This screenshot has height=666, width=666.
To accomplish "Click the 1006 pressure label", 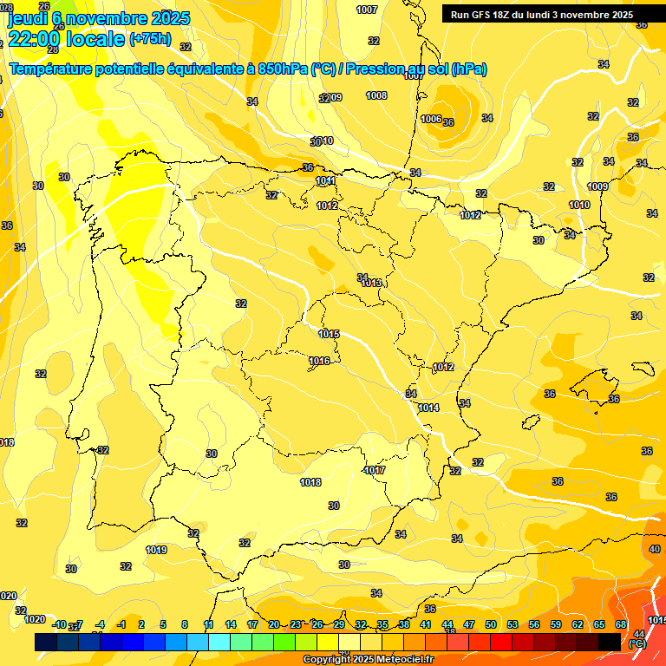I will [431, 119].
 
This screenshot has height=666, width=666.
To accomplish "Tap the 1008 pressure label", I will [376, 95].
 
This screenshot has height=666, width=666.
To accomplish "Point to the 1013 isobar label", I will [371, 283].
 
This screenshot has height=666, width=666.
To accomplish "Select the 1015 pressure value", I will [329, 334].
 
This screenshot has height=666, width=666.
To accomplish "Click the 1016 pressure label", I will [319, 361].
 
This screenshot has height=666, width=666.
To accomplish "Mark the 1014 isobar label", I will [428, 408].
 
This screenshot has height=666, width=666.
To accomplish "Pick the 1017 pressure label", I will [375, 470].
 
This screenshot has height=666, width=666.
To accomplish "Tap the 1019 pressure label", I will [156, 550].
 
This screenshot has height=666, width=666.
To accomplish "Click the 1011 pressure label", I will [326, 180].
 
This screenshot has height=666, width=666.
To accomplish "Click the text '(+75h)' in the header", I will [150, 38].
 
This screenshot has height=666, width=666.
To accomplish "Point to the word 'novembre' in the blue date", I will [106, 17].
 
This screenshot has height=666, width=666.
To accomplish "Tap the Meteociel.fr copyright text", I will [369, 660].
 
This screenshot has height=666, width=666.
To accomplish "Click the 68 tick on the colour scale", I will [621, 624].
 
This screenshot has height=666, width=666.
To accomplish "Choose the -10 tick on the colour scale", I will [59, 624].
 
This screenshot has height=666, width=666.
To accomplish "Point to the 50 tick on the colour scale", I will [491, 624].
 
